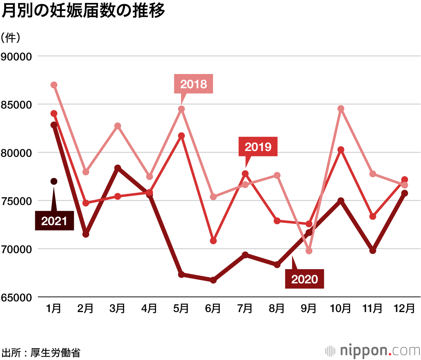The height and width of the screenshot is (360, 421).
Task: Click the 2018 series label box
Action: [194, 84]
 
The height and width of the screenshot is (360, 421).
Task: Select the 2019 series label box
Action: [258, 147]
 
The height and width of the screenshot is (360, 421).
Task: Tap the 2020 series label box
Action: [304, 279]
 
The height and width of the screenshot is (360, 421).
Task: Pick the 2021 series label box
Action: [54, 221]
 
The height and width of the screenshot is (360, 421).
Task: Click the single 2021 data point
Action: [54, 181]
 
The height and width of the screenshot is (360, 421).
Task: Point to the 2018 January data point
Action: [54, 85]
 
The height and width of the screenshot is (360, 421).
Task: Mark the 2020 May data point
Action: [181, 275]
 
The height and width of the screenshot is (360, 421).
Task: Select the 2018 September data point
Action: [309, 251]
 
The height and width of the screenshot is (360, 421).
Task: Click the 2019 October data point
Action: [341, 150]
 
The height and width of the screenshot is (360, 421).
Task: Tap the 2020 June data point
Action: [213, 280]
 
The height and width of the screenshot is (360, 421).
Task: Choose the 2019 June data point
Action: [213, 241]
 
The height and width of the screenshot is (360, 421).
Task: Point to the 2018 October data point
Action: [341, 109]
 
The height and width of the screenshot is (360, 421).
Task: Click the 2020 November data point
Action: [373, 251]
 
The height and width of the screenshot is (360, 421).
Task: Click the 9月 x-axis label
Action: [309, 309]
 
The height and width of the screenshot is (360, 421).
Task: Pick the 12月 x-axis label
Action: [404, 309]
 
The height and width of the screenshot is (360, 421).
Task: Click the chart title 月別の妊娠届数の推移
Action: [83, 11]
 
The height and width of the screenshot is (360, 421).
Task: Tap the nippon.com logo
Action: [373, 350]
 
